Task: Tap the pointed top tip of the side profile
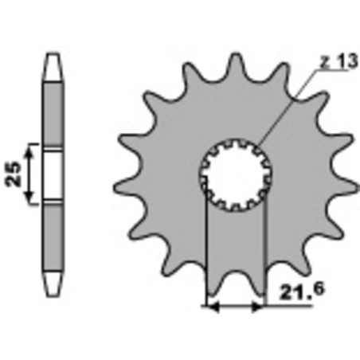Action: pos(53,57)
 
